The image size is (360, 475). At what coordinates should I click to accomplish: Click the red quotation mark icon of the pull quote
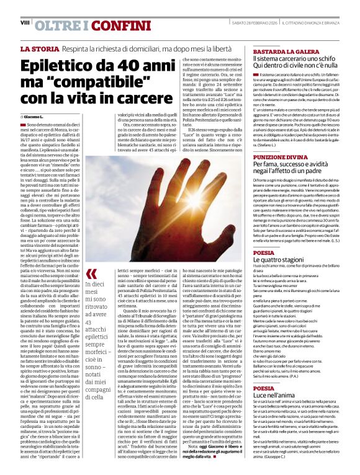[91, 273]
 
